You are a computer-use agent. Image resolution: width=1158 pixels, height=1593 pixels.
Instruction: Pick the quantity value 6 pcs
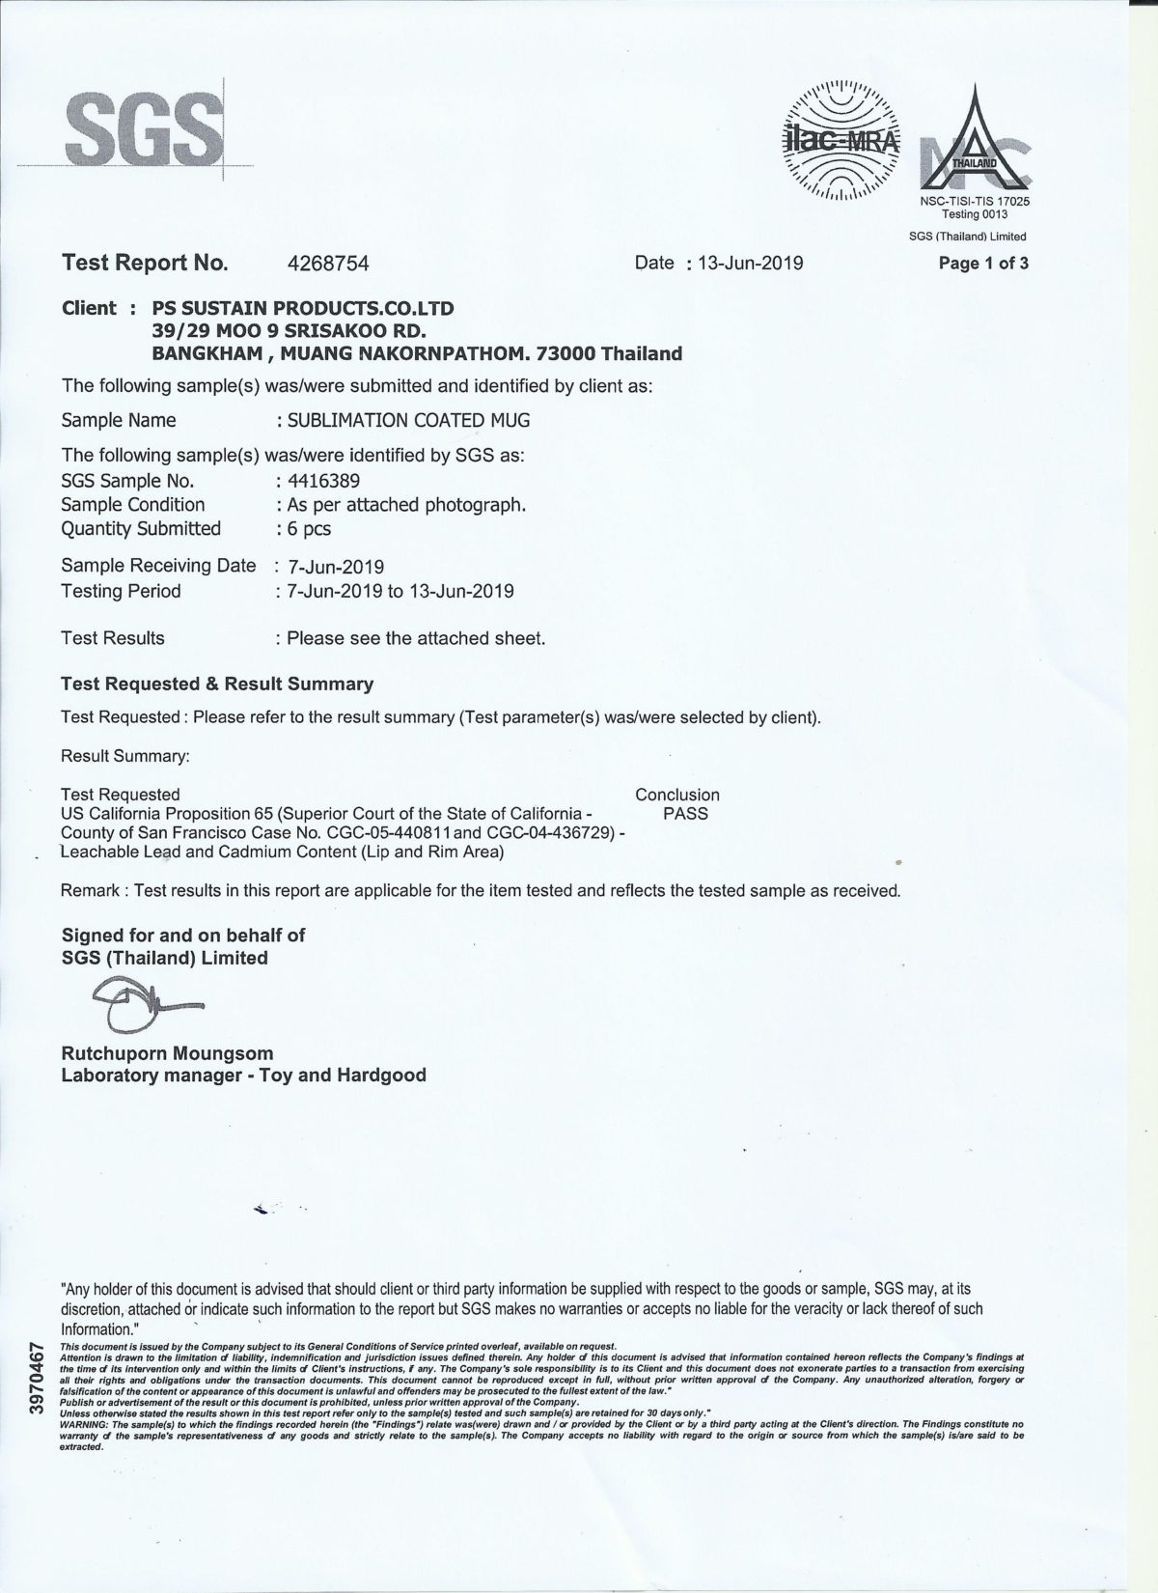pyautogui.click(x=309, y=529)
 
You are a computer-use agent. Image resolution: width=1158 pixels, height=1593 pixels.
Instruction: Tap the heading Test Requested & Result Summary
pyautogui.click(x=217, y=685)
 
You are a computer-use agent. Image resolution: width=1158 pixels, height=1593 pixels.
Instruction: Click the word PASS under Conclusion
pyautogui.click(x=686, y=814)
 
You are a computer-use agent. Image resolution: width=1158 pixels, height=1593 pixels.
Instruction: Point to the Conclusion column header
pyautogui.click(x=677, y=795)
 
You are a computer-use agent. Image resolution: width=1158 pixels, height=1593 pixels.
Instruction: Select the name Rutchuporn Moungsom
pyautogui.click(x=168, y=1053)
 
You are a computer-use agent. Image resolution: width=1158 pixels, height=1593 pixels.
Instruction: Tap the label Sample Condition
pyautogui.click(x=133, y=505)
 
